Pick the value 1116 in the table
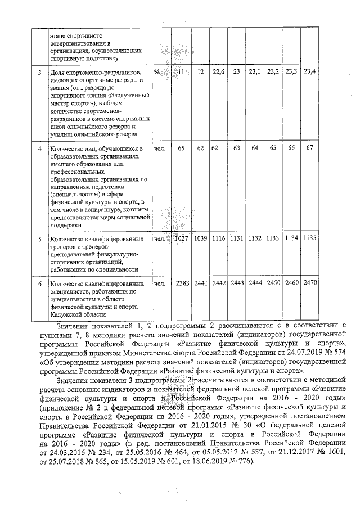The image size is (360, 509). pyautogui.click(x=219, y=239)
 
